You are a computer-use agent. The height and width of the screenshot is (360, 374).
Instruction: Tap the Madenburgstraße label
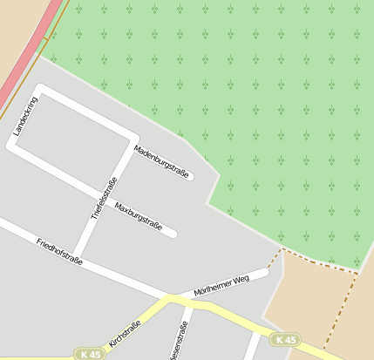(161, 161)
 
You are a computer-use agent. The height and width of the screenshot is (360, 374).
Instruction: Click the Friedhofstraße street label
(59, 250)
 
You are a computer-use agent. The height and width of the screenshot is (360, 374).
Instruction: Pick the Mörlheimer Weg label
(221, 285)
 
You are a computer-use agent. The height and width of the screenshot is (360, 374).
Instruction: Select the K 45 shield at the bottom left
(89, 355)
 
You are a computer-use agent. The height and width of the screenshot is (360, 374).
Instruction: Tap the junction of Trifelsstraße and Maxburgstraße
(101, 196)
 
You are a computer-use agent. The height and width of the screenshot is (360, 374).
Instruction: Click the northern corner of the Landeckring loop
(40, 90)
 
